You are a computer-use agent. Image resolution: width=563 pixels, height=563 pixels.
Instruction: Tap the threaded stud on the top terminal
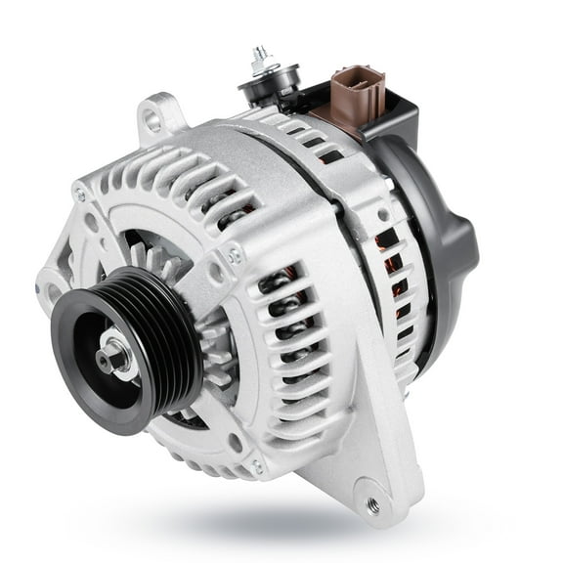click(259, 58)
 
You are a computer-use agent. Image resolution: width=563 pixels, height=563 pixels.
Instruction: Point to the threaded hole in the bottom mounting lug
click(371, 504)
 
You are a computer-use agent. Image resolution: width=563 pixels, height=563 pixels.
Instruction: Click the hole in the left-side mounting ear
click(47, 290)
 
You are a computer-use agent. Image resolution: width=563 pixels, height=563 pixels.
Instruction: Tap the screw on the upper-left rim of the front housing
click(79, 195)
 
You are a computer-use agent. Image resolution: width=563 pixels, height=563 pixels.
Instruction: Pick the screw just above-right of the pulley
click(234, 256)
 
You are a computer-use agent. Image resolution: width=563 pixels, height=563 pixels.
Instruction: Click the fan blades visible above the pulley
click(156, 254)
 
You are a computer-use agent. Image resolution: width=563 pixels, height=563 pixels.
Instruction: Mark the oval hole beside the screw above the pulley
click(217, 277)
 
